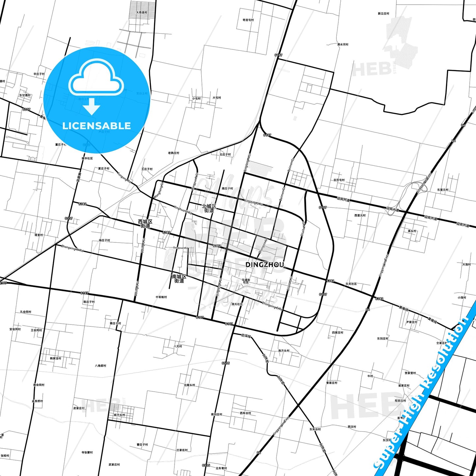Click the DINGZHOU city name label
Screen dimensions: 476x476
coord(265,265)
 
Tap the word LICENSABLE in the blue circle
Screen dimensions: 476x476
coord(97,126)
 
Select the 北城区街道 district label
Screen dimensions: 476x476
coord(209,208)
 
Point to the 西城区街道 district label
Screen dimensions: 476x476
coord(145,224)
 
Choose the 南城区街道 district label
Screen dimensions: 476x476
coord(179,279)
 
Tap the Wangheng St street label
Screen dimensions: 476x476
coord(158,190)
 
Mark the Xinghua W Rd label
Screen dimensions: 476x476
coord(183,210)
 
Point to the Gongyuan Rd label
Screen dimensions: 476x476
coord(181,248)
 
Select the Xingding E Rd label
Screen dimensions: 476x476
coord(254,202)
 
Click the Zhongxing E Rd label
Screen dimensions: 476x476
coord(272,306)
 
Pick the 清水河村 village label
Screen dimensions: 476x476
coord(343,44)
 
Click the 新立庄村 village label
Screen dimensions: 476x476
coord(383,14)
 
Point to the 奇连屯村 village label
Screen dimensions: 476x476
coord(248,20)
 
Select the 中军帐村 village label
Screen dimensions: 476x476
coord(161,297)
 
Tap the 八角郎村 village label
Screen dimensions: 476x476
coord(100,366)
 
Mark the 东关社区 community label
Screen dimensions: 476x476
coord(351,284)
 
